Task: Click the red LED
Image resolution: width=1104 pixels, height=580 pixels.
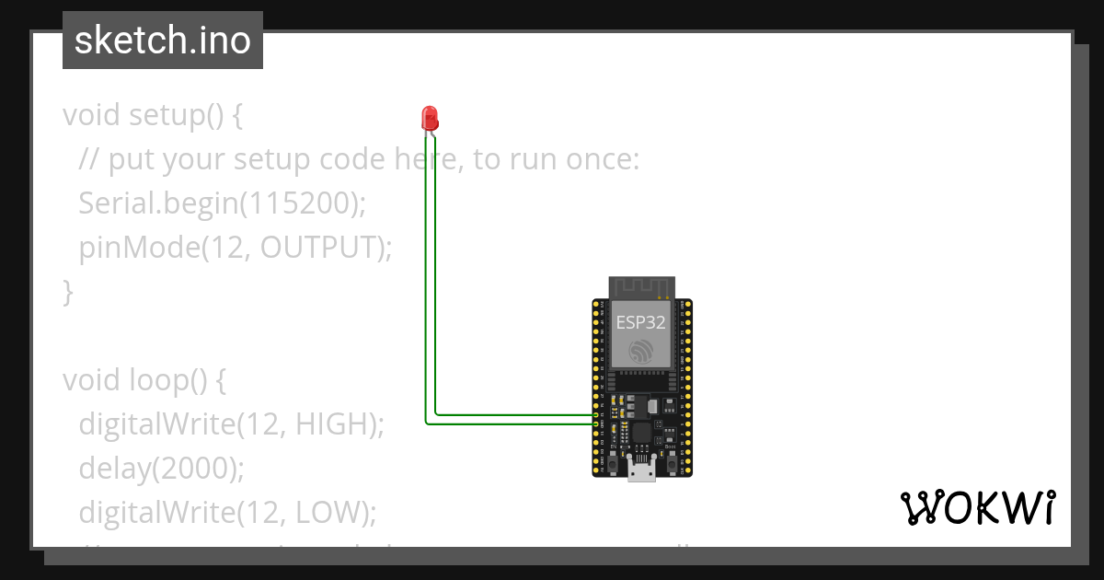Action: (430, 118)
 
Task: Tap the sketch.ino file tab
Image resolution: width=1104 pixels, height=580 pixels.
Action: (163, 41)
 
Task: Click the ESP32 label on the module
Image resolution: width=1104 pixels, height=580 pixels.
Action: (640, 322)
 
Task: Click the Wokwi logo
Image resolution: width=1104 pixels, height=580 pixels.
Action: (978, 507)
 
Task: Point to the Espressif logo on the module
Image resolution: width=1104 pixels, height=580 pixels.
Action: (640, 351)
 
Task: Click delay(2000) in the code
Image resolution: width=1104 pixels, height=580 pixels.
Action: (162, 469)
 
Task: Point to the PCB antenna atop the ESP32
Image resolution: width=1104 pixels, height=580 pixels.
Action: (640, 286)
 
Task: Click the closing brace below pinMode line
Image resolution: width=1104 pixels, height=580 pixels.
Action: (67, 292)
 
